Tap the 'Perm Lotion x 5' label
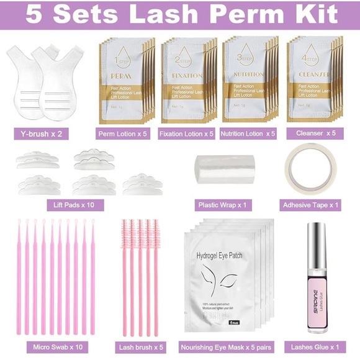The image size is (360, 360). (123, 133)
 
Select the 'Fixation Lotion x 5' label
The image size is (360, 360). (186, 133)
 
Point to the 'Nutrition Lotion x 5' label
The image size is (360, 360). (248, 133)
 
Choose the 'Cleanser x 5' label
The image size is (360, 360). (315, 133)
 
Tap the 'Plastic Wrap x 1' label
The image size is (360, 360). (223, 204)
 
